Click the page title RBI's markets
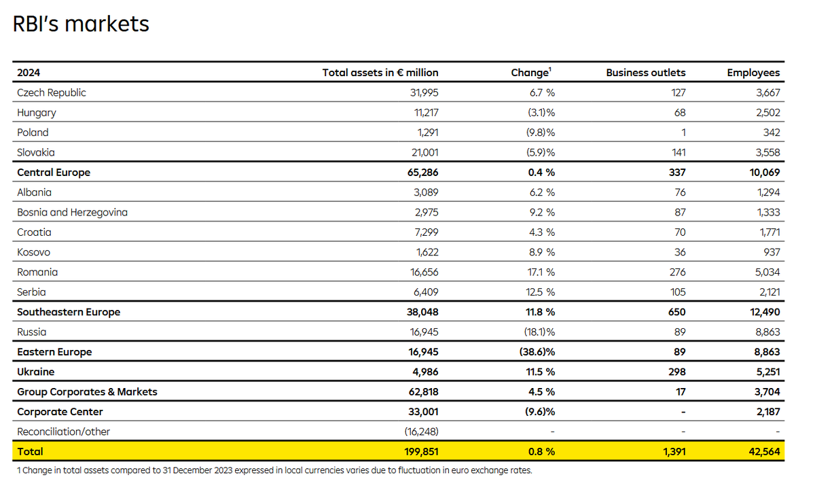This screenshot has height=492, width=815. click(81, 24)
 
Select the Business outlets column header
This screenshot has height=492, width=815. click(645, 73)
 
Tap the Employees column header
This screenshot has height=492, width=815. click(753, 73)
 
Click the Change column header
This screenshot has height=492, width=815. click(531, 73)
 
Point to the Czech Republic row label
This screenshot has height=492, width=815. click(52, 93)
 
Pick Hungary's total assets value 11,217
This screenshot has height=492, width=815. click(426, 113)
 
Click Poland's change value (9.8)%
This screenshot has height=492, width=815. click(541, 133)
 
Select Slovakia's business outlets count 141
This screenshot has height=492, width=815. click(678, 153)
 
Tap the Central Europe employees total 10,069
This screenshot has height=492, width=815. click(765, 173)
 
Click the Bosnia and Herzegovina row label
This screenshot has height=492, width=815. click(73, 212)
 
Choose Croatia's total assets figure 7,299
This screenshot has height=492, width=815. click(427, 232)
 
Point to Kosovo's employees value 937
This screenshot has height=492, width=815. click(772, 252)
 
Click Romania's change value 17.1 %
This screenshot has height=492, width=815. click(541, 273)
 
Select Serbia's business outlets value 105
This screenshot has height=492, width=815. click(678, 292)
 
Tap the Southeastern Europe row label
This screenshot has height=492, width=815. click(69, 312)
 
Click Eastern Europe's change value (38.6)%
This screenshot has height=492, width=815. click(537, 352)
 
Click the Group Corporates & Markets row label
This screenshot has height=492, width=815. click(87, 392)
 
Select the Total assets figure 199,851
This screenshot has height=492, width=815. click(421, 452)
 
